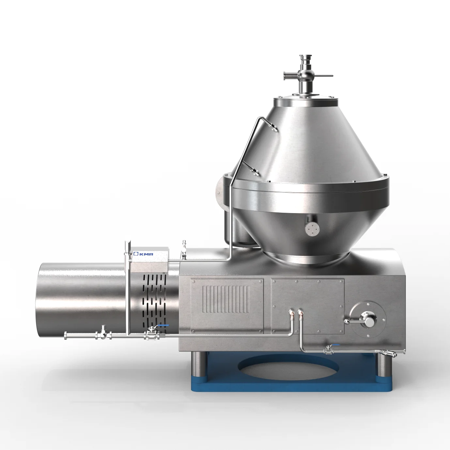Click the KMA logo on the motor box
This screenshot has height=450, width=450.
click(143, 254)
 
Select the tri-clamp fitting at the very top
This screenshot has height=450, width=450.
click(304, 58)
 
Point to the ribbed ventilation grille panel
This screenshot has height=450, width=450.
click(226, 299)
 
